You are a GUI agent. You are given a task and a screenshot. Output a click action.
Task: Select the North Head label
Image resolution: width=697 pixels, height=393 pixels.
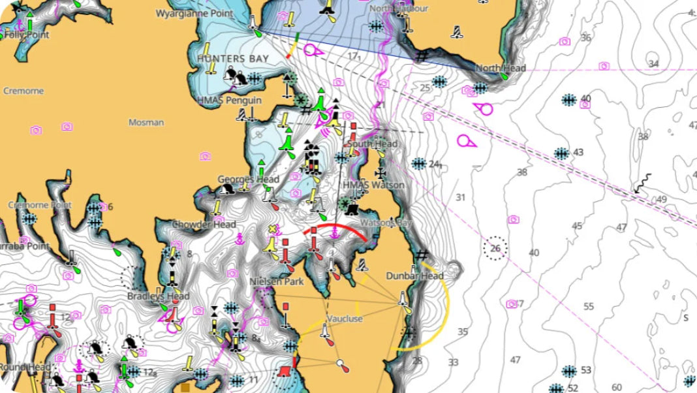point(501,69)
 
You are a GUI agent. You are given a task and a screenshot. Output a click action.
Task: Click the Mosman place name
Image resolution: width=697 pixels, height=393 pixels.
point(146,122)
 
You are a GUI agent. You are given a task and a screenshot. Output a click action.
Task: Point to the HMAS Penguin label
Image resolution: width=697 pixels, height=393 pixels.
point(229,101)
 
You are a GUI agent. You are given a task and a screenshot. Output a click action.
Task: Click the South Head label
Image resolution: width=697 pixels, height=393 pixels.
point(373,144)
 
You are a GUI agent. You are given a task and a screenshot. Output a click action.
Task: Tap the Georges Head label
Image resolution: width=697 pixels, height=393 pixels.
point(248,179)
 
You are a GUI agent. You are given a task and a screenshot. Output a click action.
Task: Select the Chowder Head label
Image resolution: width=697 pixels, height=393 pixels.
point(204,225)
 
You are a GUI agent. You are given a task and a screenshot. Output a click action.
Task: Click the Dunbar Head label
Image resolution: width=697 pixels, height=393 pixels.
point(414,275)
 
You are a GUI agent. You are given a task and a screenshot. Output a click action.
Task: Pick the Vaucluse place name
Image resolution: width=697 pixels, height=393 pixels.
point(345,319)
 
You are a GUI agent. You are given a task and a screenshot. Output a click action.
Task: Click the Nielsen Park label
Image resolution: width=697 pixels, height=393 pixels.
point(277,282)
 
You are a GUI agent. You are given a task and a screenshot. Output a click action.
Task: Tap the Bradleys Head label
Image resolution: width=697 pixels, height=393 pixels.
point(159,296)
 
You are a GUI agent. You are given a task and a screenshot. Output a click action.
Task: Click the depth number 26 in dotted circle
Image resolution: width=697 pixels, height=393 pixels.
point(495,248)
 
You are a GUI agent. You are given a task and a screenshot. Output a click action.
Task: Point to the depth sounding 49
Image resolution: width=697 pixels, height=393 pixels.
point(662,199)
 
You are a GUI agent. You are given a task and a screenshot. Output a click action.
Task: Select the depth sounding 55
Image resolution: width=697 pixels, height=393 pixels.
point(589,306)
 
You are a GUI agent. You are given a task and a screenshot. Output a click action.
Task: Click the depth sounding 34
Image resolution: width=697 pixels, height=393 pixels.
point(653,63)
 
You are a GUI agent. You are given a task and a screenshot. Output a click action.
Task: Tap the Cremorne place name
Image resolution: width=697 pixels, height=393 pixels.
point(23,91)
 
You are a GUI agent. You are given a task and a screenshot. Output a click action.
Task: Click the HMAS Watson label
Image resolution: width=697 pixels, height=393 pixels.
point(373,185)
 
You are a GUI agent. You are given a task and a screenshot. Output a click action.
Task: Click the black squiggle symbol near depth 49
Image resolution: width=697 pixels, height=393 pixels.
point(644,182)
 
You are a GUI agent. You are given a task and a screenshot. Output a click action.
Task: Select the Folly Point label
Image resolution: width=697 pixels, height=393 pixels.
point(27,34)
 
